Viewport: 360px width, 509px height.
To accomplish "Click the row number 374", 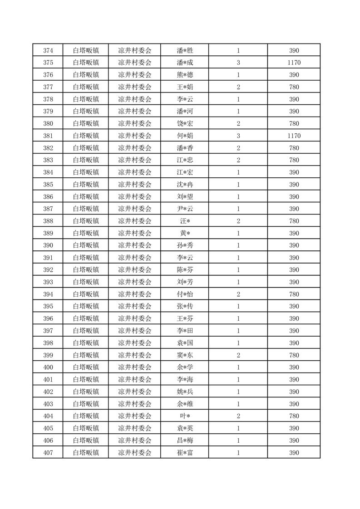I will [x=48, y=50].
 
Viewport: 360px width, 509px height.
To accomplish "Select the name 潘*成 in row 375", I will [x=185, y=63].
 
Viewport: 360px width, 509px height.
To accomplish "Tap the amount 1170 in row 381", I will [x=294, y=136].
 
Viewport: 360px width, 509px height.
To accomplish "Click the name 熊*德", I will [x=185, y=75].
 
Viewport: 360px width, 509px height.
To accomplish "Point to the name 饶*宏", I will [x=185, y=123].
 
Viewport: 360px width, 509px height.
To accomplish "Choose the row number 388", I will [x=48, y=221].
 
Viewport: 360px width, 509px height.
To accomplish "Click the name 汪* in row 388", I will [x=185, y=221].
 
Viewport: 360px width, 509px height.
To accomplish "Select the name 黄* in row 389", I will [x=185, y=233].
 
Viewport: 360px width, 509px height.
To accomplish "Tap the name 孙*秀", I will [x=185, y=245].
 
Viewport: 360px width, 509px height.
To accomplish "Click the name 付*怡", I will [x=185, y=294].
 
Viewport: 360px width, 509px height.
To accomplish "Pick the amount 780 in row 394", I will [x=294, y=294].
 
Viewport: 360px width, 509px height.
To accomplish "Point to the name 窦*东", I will [x=185, y=355].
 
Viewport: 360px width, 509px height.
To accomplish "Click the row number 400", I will [x=48, y=367].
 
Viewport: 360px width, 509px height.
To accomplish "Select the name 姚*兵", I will [x=185, y=392].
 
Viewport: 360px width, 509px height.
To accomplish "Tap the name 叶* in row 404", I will [x=185, y=416].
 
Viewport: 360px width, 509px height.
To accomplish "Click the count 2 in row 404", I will [x=238, y=416].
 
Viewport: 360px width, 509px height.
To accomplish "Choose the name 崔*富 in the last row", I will [x=185, y=452].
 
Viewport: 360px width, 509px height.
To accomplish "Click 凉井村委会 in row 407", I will [x=135, y=452].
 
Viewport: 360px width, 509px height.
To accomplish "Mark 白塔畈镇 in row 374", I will [x=86, y=50].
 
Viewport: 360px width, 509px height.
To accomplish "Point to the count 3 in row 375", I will [x=238, y=63].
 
